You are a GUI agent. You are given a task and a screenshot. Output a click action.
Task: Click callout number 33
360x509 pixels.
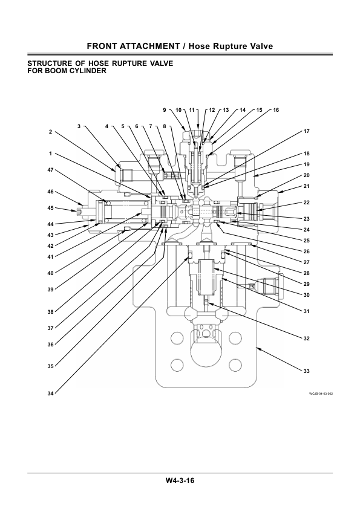click(306, 371)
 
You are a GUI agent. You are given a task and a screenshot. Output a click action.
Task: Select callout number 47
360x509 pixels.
click(50, 170)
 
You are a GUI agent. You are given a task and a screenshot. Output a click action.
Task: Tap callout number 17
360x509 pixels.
click(306, 131)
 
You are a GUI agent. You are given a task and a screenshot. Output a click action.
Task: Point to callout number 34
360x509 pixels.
click(50, 394)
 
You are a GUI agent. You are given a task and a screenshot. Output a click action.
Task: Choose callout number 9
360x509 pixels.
click(165, 110)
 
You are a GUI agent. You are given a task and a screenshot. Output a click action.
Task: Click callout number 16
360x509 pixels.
click(276, 110)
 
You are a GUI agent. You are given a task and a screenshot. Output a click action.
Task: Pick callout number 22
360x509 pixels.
click(306, 203)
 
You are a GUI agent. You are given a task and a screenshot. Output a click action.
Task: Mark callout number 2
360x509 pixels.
click(50, 131)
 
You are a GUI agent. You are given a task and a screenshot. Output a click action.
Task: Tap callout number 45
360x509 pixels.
click(50, 208)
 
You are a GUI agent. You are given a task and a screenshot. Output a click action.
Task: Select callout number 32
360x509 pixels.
click(306, 339)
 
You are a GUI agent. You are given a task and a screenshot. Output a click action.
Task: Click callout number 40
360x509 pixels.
click(50, 273)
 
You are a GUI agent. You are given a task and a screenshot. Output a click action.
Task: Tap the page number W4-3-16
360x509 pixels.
click(180, 481)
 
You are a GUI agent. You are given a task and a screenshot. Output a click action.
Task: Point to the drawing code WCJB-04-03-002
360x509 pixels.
click(321, 394)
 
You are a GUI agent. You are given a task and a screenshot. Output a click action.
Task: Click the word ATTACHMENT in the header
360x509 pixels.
click(150, 47)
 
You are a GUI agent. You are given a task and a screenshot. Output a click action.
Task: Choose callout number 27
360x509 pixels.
click(306, 262)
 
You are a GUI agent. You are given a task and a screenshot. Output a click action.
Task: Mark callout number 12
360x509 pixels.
click(212, 110)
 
